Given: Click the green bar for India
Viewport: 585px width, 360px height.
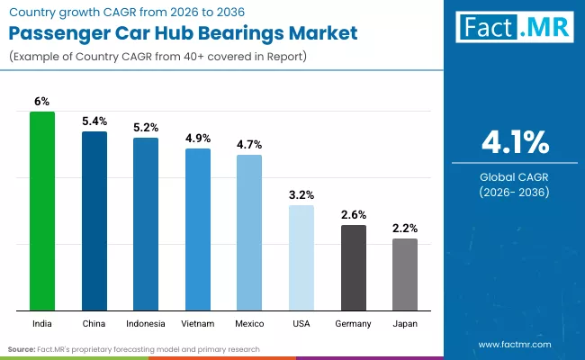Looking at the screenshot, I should tap(42, 211).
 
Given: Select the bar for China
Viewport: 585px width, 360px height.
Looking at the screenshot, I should tap(94, 220).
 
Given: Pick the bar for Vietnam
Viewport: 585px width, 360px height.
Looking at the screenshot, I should tap(198, 229).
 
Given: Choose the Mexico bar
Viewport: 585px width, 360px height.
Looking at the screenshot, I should tap(249, 232).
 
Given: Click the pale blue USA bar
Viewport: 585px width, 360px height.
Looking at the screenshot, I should tap(301, 257).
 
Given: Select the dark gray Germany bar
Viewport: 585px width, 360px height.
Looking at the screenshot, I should tap(354, 267).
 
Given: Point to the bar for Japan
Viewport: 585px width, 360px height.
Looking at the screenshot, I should tap(405, 274).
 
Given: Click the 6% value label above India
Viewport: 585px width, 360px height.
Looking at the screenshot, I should tap(42, 103).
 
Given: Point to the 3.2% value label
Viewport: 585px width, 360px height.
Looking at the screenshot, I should tap(301, 195).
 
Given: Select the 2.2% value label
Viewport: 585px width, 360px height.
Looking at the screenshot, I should tap(405, 229).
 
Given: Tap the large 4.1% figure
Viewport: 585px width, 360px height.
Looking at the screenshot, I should tap(514, 142).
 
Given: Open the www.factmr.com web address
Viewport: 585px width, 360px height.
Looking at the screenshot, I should tap(514, 345).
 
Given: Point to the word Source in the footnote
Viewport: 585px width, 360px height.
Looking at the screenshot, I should tap(22, 348).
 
